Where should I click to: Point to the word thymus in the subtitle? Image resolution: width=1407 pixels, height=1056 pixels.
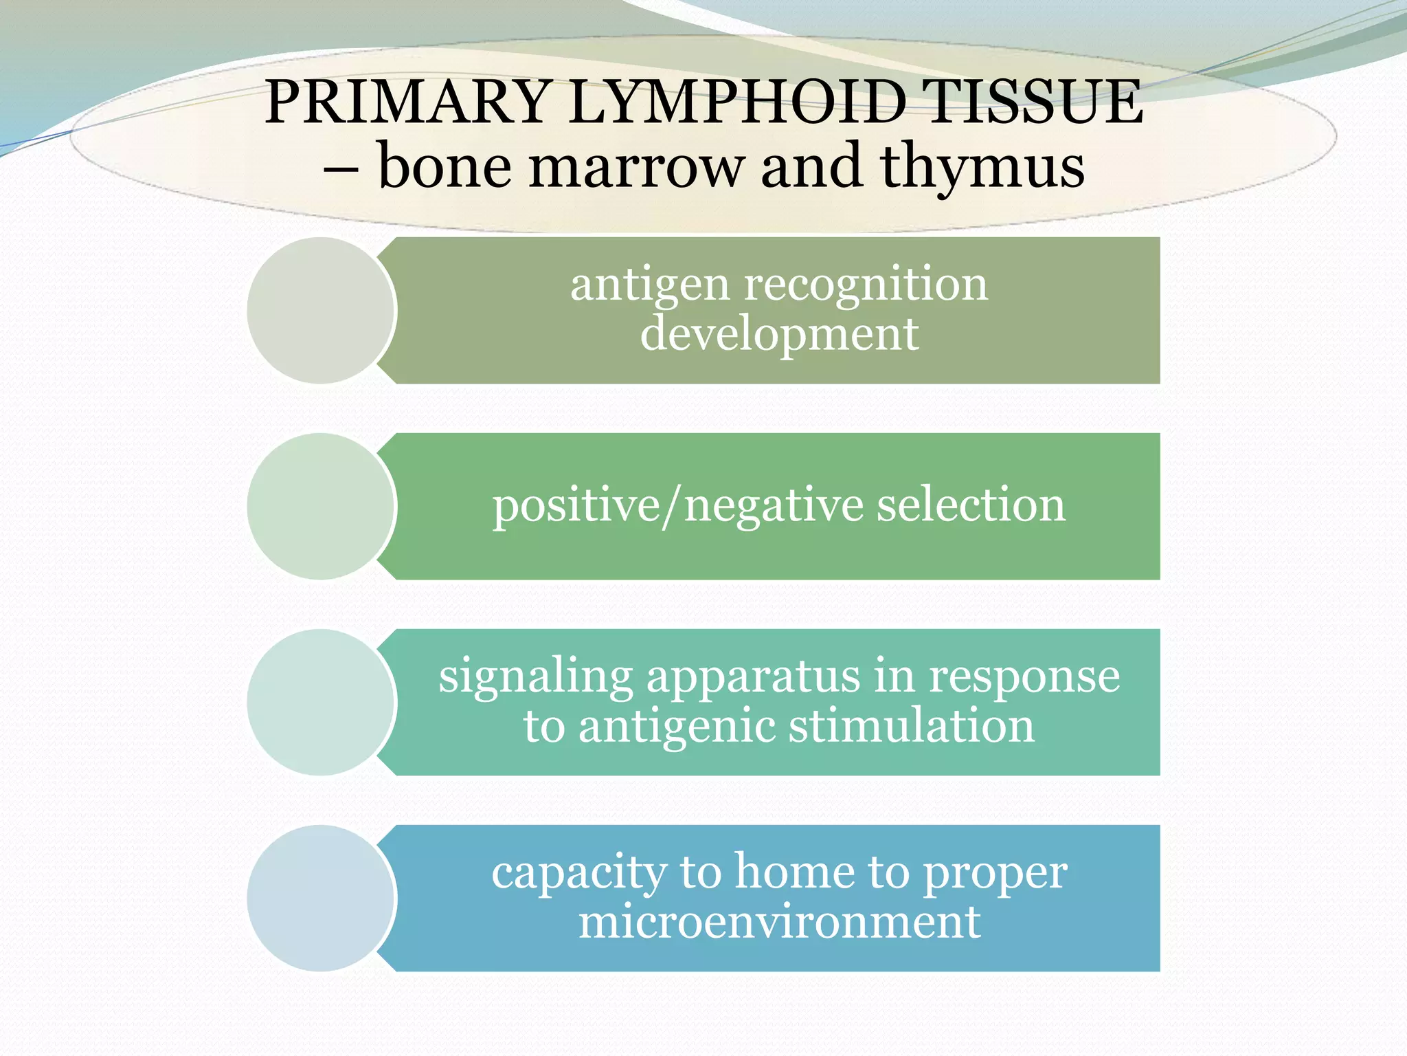coord(982,167)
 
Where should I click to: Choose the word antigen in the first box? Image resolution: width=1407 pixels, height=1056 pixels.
coord(649,285)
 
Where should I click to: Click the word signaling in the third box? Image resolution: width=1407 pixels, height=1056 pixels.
coord(536,677)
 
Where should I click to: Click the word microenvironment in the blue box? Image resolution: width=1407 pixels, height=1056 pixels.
coord(779,922)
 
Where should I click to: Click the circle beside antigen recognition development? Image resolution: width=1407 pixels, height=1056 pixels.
coord(320,311)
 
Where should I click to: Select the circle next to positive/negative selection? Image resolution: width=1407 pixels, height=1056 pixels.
coord(320,507)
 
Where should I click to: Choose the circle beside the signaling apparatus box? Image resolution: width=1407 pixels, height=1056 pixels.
coord(320,703)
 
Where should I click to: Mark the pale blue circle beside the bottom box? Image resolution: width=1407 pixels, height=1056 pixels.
coord(320,899)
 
